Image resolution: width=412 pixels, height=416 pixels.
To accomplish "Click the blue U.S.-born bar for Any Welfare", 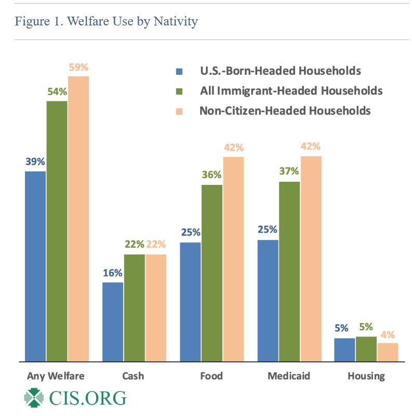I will tap(35, 266).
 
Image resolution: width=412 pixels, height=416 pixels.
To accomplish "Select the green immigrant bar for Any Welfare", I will tap(57, 231).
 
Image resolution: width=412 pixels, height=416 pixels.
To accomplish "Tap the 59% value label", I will tap(78, 67).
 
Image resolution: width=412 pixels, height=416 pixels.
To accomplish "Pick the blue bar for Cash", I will tap(113, 321).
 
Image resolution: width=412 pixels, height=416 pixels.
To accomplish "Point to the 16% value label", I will tap(112, 273).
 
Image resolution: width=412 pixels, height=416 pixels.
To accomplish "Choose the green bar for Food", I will tap(211, 273).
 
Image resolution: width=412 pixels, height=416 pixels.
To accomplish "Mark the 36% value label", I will tap(211, 175).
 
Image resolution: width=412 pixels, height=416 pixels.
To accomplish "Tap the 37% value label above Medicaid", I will tap(289, 171).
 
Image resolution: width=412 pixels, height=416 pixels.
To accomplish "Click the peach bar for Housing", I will tap(388, 352).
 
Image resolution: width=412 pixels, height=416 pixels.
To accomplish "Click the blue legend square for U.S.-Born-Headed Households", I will tap(180, 71).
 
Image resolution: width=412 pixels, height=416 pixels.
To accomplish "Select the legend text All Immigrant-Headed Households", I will tap(291, 91).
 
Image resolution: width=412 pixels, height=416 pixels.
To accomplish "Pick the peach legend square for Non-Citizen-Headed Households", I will tap(180, 111).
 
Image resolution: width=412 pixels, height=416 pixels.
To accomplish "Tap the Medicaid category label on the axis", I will tap(289, 375).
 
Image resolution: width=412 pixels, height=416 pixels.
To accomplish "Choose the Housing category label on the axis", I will tap(367, 376).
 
